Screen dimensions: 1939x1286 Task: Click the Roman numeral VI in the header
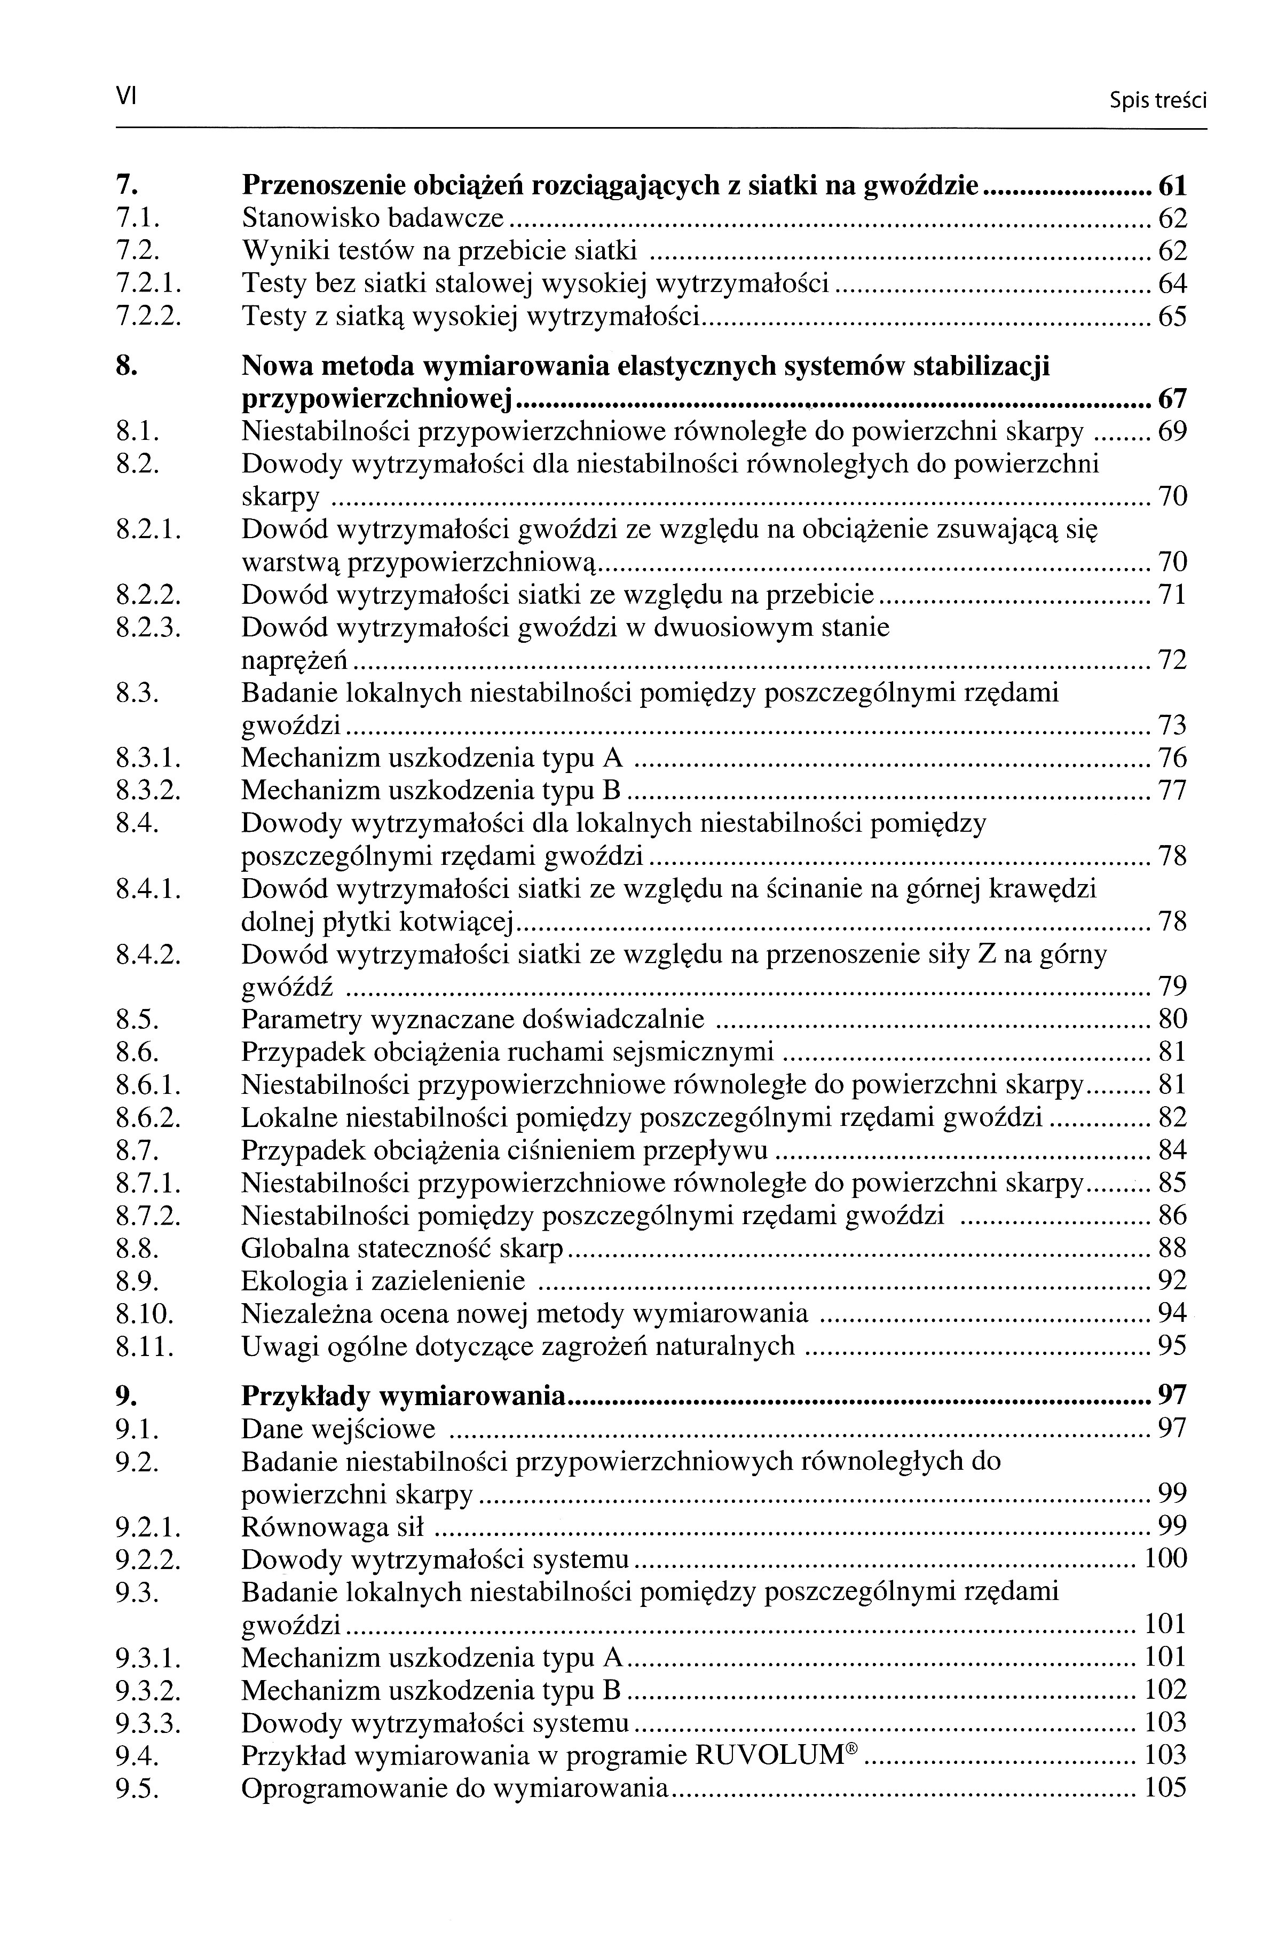pyautogui.click(x=125, y=97)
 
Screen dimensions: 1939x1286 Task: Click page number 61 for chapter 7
pyautogui.click(x=1172, y=186)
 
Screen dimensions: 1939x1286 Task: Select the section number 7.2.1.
pyautogui.click(x=148, y=284)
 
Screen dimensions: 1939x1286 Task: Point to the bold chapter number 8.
pyautogui.click(x=125, y=366)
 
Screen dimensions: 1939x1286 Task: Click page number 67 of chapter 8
pyautogui.click(x=1172, y=399)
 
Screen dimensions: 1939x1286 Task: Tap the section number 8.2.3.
pyautogui.click(x=148, y=628)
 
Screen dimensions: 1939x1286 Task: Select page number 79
pyautogui.click(x=1172, y=986)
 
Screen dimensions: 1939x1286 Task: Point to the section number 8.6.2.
pyautogui.click(x=148, y=1117)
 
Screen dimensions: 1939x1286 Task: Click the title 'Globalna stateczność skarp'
pyautogui.click(x=403, y=1248)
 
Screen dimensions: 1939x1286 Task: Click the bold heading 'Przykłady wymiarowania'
pyautogui.click(x=404, y=1396)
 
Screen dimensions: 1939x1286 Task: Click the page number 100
pyautogui.click(x=1165, y=1558)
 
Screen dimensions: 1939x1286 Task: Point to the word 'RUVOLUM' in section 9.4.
pyautogui.click(x=769, y=1755)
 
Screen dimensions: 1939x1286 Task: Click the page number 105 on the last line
pyautogui.click(x=1165, y=1787)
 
